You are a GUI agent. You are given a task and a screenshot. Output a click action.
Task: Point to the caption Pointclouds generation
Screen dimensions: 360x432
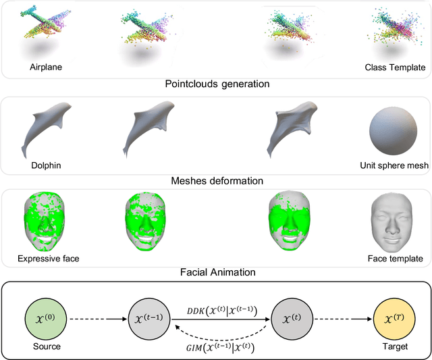(217, 84)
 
